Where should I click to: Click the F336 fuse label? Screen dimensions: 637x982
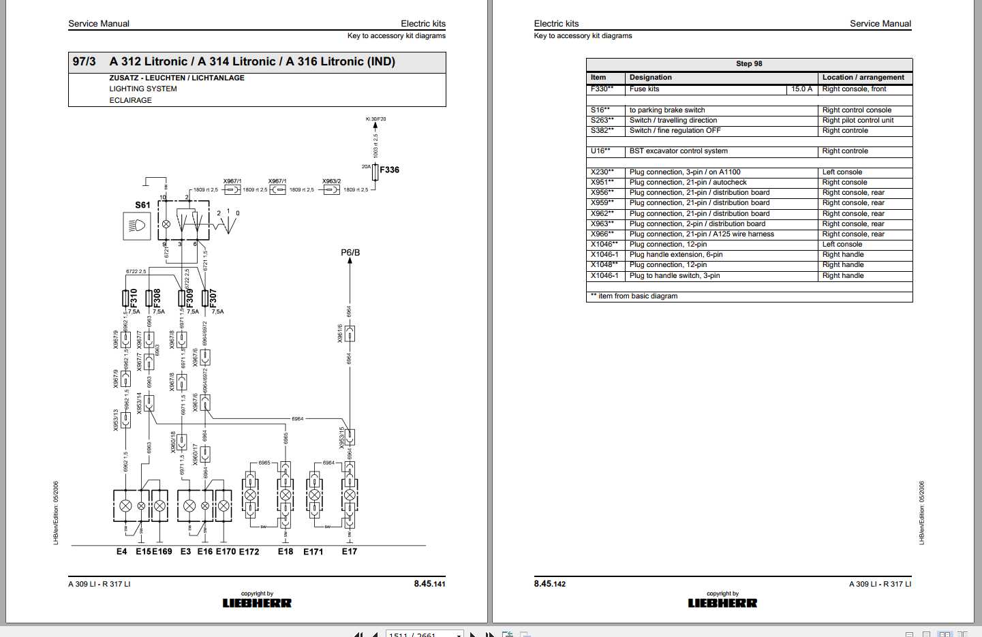(389, 170)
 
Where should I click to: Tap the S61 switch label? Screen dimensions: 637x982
(142, 204)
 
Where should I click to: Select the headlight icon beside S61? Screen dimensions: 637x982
(136, 226)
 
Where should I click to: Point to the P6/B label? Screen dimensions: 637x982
(350, 253)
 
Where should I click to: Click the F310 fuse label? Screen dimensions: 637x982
(134, 297)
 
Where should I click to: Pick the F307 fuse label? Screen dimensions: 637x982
(213, 297)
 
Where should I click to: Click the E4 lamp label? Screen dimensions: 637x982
(121, 552)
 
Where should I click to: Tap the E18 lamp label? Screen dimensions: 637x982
(285, 552)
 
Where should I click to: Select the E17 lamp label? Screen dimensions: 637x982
(350, 552)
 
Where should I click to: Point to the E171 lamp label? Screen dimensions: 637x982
(313, 552)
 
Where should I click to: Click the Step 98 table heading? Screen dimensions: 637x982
(749, 64)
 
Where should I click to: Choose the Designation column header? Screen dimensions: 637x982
(651, 78)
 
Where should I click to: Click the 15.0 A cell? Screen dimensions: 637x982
(801, 89)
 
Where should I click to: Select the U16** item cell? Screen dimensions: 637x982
(600, 151)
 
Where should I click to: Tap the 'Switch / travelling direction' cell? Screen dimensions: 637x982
(673, 121)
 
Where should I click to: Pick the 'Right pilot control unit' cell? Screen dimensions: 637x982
(858, 121)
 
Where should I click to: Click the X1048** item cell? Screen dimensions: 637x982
(604, 265)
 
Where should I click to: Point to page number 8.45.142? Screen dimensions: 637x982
(550, 584)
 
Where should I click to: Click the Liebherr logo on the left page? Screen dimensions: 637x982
(257, 603)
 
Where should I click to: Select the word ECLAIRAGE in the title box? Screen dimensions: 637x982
(131, 100)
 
